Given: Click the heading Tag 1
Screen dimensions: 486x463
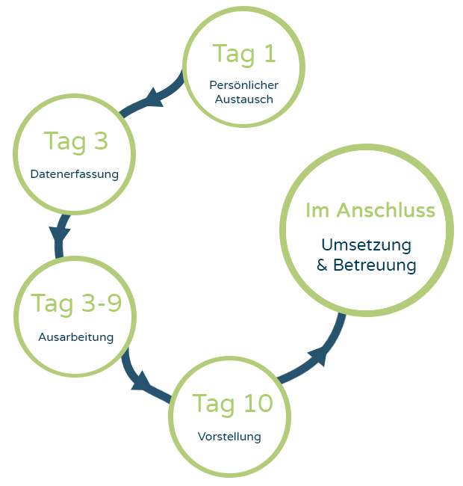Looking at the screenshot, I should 243,54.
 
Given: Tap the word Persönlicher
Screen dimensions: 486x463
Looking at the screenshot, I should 243,85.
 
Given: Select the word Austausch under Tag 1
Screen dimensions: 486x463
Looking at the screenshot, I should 243,99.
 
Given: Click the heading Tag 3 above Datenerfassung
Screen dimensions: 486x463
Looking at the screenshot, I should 75,141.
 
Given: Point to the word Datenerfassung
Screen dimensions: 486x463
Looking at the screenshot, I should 75,174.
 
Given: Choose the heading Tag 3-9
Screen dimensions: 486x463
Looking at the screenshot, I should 76,304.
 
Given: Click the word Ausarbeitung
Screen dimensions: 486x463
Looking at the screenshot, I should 76,336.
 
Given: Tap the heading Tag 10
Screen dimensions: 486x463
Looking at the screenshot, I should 233,404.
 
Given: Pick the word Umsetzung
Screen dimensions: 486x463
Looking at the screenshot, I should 366,244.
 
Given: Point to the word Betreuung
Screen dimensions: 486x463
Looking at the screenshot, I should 375,265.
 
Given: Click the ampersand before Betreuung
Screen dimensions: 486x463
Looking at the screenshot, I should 323,265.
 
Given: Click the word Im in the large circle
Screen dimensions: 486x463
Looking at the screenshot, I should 317,210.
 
